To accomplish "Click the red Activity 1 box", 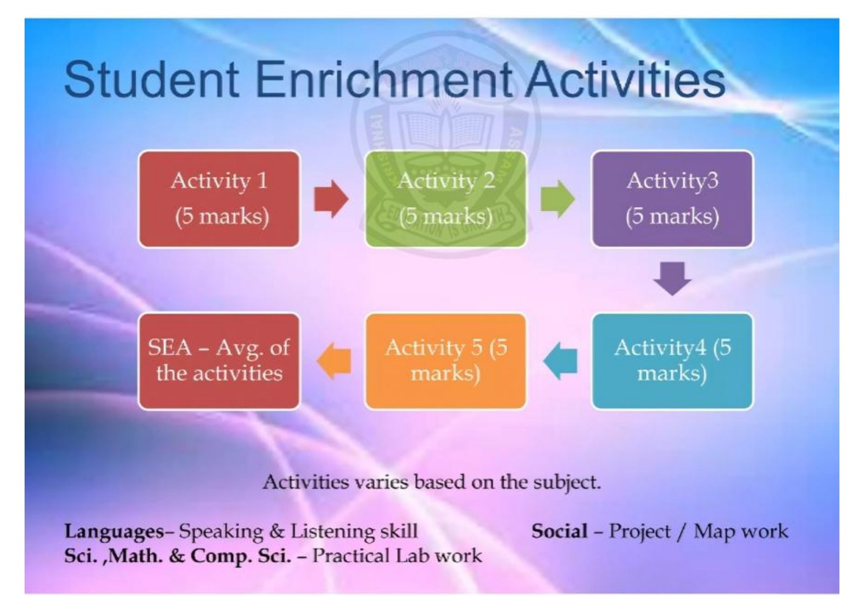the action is click(x=219, y=199).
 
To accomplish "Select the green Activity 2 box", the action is click(x=446, y=199).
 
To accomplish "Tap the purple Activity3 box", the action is click(x=672, y=199).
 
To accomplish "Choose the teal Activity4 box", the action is click(x=672, y=361).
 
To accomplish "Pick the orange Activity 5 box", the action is click(x=446, y=361).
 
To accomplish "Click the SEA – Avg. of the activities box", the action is click(x=219, y=361).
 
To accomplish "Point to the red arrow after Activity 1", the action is click(x=332, y=199).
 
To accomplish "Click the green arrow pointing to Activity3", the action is click(x=558, y=199).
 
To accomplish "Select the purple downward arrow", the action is click(x=672, y=279).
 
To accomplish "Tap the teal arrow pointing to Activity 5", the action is click(x=560, y=361).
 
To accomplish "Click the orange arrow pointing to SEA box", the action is click(x=334, y=361).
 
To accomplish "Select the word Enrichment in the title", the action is click(x=383, y=79).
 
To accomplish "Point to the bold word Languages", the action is click(x=114, y=532).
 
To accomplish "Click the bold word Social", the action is click(x=559, y=531).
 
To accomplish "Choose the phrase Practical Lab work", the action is click(x=397, y=555).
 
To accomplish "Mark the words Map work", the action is click(x=741, y=532).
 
